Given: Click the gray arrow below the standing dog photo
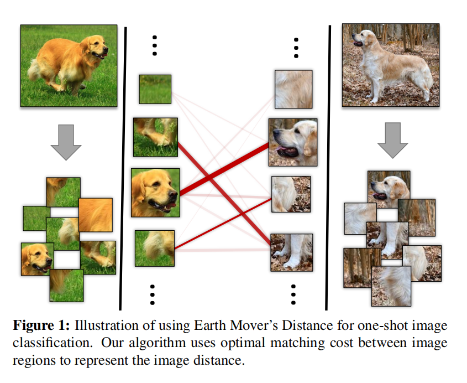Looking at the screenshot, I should (392, 143).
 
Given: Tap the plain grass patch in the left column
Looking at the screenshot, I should (155, 89).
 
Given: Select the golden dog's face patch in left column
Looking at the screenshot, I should (155, 192).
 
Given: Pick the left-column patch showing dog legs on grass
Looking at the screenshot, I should (155, 137).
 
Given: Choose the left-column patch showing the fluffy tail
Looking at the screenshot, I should (155, 249).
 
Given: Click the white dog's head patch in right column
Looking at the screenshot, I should (293, 142).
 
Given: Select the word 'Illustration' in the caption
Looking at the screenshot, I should (103, 325).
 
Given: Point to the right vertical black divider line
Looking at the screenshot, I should (328, 166).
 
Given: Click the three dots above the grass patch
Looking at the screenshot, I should (155, 45).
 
